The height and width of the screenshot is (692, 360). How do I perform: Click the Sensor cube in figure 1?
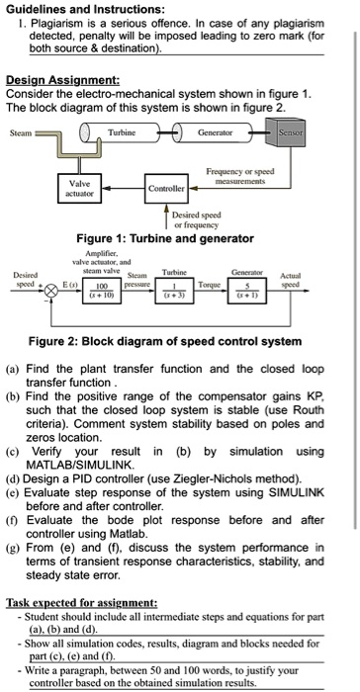pyautogui.click(x=286, y=132)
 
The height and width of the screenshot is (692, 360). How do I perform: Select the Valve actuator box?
pyautogui.click(x=79, y=188)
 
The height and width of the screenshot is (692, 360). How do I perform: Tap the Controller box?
pyautogui.click(x=166, y=189)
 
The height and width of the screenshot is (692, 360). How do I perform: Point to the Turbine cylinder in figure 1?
pyautogui.click(x=120, y=132)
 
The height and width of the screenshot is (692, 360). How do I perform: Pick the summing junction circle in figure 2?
pyautogui.click(x=52, y=292)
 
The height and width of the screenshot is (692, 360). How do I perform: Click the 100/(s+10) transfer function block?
pyautogui.click(x=102, y=291)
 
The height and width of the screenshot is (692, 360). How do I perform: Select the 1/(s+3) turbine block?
pyautogui.click(x=174, y=291)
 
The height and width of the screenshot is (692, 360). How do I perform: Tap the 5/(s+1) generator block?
pyautogui.click(x=247, y=291)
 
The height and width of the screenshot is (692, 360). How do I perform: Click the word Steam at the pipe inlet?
pyautogui.click(x=21, y=132)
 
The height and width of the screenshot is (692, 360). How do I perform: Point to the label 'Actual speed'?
pyautogui.click(x=290, y=280)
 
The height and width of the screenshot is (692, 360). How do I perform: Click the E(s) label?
pyautogui.click(x=71, y=285)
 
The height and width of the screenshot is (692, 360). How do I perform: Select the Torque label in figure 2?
pyautogui.click(x=210, y=285)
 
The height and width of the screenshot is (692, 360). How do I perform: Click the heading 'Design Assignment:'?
pyautogui.click(x=62, y=80)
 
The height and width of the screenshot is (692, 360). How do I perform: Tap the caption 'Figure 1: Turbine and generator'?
pyautogui.click(x=165, y=239)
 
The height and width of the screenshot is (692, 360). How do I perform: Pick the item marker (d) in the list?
pyautogui.click(x=13, y=478)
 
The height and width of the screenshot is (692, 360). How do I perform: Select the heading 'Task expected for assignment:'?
pyautogui.click(x=81, y=602)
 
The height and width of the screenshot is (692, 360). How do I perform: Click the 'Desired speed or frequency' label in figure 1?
pyautogui.click(x=196, y=219)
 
